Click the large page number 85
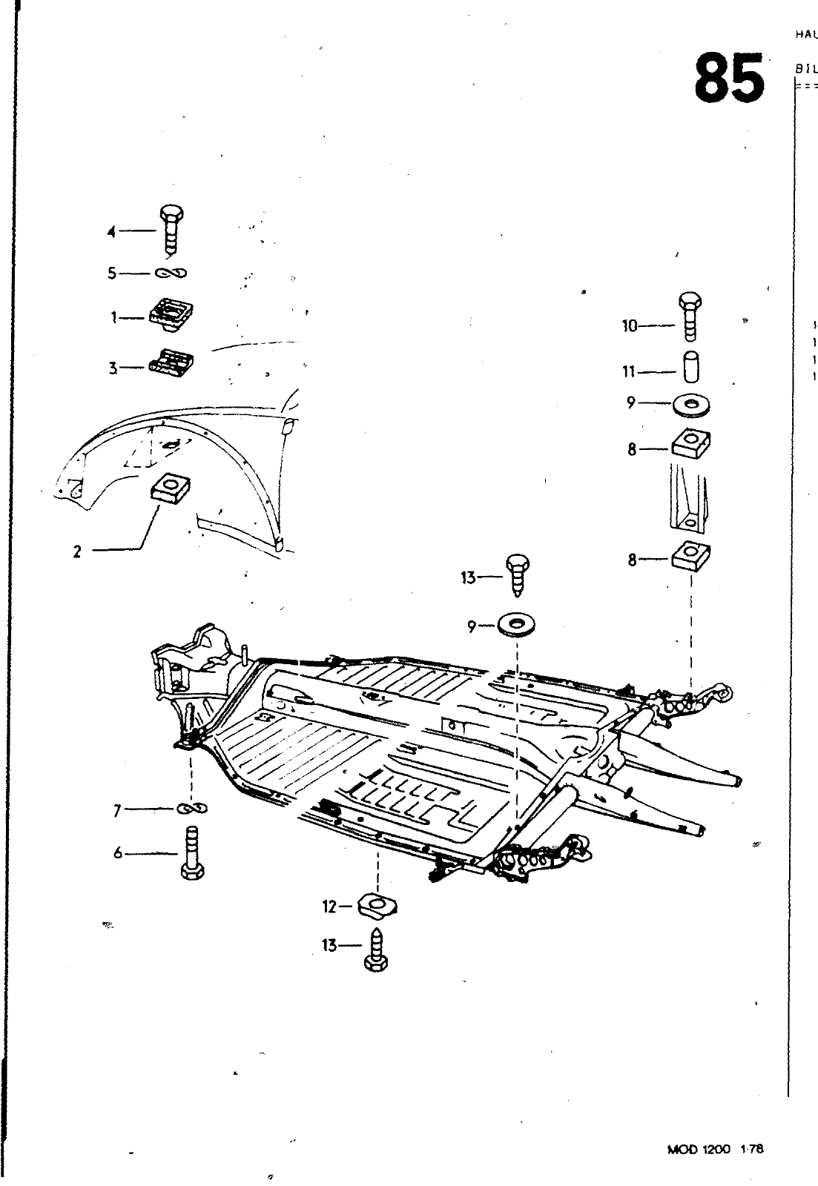pyautogui.click(x=729, y=78)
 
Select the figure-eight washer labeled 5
pyautogui.click(x=171, y=274)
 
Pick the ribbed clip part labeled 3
pyautogui.click(x=172, y=363)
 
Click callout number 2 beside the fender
pyautogui.click(x=77, y=551)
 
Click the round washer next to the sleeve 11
pyautogui.click(x=691, y=405)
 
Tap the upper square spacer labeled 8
pyautogui.click(x=691, y=445)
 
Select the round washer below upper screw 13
pyautogui.click(x=517, y=625)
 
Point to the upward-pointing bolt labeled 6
pyautogui.click(x=191, y=854)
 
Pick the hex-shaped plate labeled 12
pyautogui.click(x=377, y=905)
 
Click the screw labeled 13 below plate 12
pyautogui.click(x=377, y=949)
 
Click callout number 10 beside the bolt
pyautogui.click(x=630, y=325)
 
